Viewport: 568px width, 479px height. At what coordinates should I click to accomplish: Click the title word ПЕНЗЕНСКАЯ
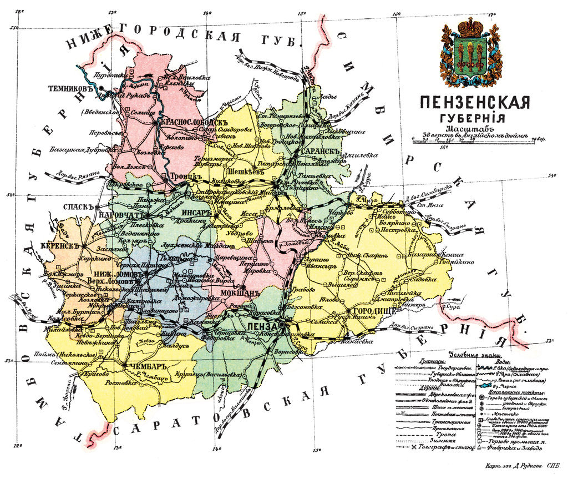(x=474, y=103)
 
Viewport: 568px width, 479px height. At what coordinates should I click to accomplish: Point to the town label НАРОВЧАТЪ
(x=119, y=214)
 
